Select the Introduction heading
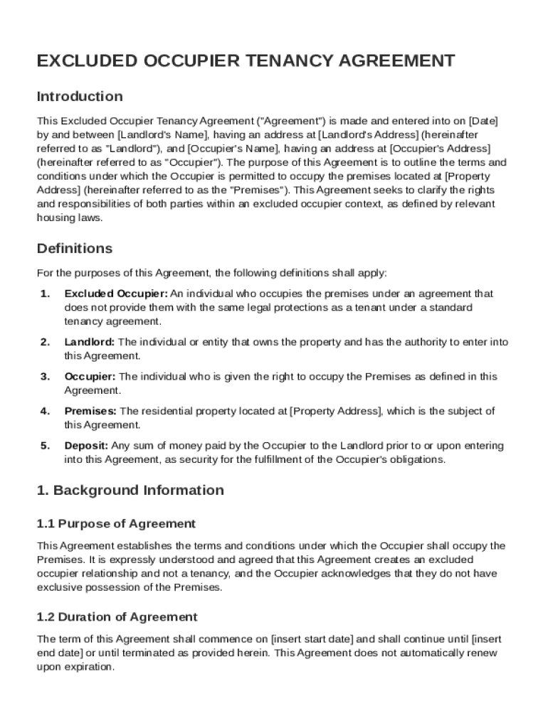coord(80,96)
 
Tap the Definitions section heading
coord(75,248)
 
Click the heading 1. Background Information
coord(130,490)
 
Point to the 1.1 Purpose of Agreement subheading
coord(116,524)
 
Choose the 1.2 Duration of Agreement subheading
coord(117,616)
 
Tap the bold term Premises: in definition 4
coord(90,411)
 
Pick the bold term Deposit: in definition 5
coord(86,446)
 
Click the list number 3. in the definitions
coord(45,376)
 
